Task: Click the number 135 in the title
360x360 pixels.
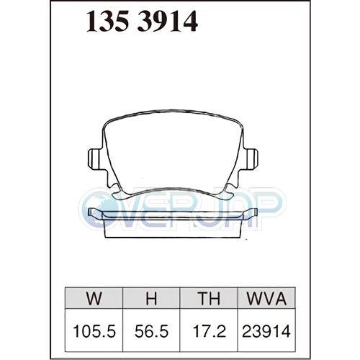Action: tap(107, 21)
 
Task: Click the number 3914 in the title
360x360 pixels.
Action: tap(168, 21)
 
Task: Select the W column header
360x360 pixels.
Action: tap(94, 298)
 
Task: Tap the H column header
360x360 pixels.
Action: tap(151, 298)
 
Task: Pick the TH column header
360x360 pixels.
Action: tap(209, 298)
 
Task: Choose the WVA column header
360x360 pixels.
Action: tap(266, 298)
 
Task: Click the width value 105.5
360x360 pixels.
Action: tap(94, 331)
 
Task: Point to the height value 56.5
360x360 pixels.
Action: tap(151, 331)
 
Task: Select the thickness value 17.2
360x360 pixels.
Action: tap(210, 331)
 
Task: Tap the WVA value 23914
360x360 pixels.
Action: tap(266, 331)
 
